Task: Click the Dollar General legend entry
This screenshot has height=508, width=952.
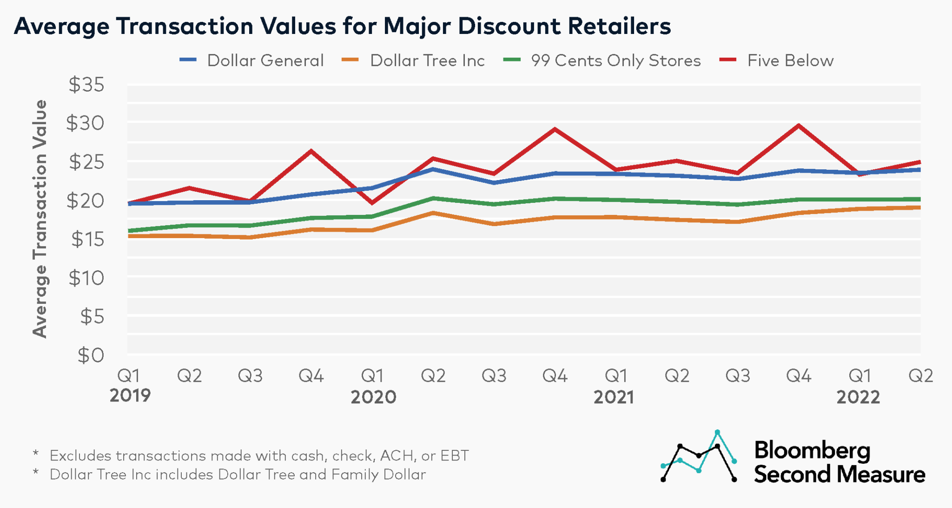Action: pyautogui.click(x=265, y=60)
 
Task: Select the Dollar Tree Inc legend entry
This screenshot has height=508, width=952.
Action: pyautogui.click(x=427, y=60)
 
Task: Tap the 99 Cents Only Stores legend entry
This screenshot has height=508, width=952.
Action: pyautogui.click(x=615, y=60)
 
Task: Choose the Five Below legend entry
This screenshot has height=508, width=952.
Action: pyautogui.click(x=790, y=60)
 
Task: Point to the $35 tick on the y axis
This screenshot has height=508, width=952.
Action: pyautogui.click(x=87, y=85)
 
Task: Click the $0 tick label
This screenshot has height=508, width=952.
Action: pyautogui.click(x=91, y=355)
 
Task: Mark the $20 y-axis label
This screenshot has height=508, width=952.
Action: pyautogui.click(x=86, y=201)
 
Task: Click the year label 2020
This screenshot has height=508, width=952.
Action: pyautogui.click(x=373, y=397)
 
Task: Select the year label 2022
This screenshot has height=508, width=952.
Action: pyautogui.click(x=858, y=397)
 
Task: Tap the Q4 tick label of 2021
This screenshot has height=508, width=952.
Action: pyautogui.click(x=799, y=375)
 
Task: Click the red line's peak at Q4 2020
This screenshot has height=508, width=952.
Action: pyautogui.click(x=555, y=129)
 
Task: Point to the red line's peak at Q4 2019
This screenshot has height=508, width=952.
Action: pyautogui.click(x=311, y=151)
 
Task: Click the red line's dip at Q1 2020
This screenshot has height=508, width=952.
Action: pyautogui.click(x=372, y=203)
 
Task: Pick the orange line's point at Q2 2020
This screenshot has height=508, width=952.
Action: pyautogui.click(x=433, y=213)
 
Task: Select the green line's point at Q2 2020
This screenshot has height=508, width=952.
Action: pyautogui.click(x=433, y=198)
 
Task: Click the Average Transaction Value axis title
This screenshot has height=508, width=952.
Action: pyautogui.click(x=40, y=219)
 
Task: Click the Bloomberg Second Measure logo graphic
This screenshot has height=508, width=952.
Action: pyautogui.click(x=699, y=457)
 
